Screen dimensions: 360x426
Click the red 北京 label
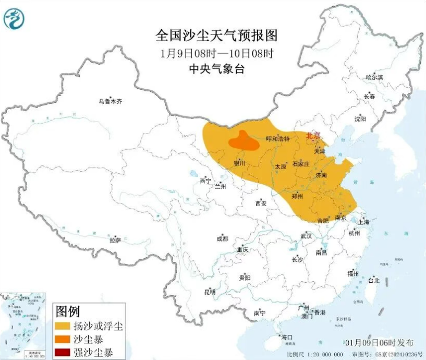[312, 134]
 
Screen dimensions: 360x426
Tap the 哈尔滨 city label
[374, 77]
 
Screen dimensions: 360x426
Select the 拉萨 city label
[115, 241]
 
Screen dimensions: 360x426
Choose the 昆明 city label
[210, 292]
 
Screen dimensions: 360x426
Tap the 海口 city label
[287, 337]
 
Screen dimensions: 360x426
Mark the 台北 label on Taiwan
[373, 280]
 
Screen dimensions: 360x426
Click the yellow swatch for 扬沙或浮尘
[63, 327]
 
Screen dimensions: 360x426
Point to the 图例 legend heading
[67, 313]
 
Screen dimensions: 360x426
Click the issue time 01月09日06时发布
[379, 343]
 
